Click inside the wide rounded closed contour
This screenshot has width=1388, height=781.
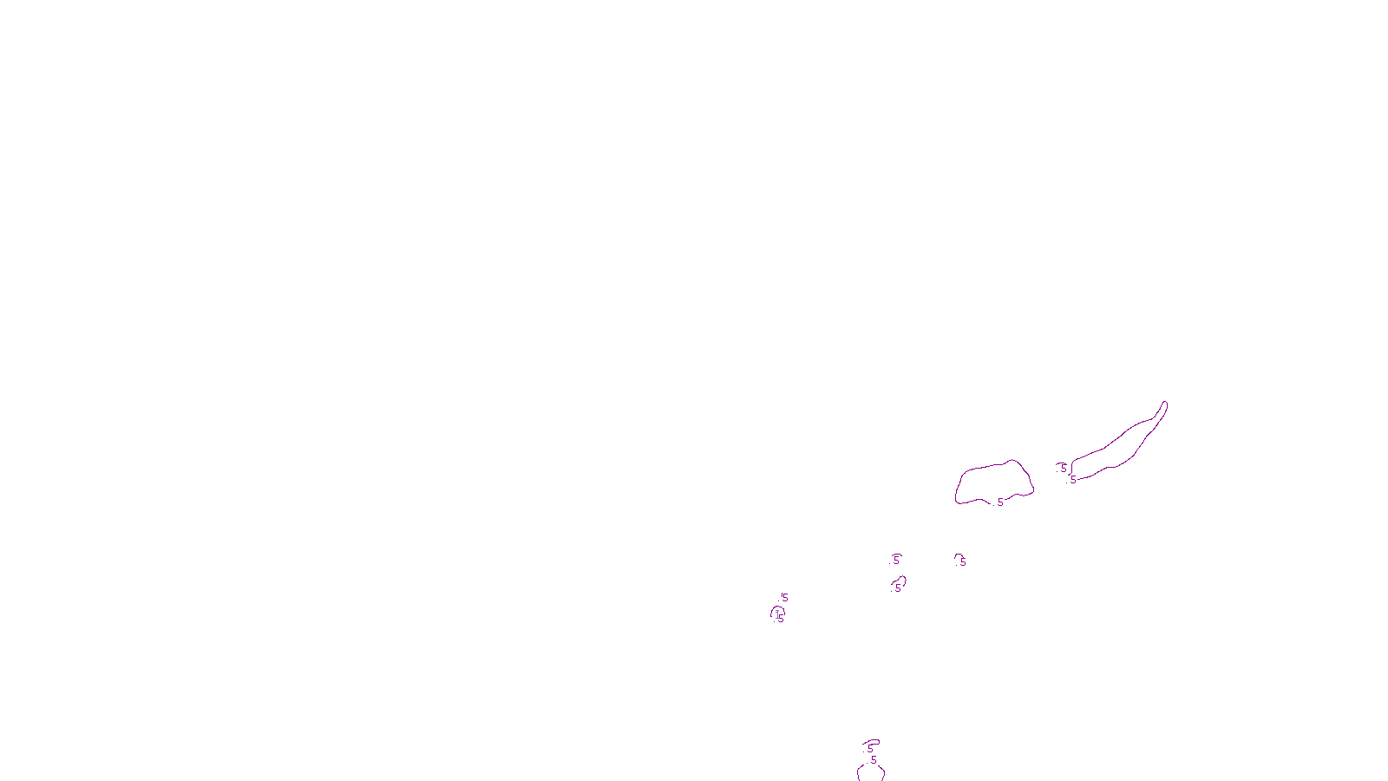click(x=993, y=482)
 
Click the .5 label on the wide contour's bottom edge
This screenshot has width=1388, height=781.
click(x=1000, y=502)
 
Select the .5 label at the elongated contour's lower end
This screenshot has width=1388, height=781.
click(x=1073, y=480)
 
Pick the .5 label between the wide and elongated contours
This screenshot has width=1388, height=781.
click(x=1064, y=468)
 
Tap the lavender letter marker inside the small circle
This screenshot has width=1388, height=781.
click(x=777, y=614)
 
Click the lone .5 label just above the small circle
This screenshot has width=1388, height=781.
click(x=784, y=598)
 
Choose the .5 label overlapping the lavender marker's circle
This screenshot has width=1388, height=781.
click(x=780, y=619)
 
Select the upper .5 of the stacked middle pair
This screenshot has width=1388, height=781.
click(x=896, y=560)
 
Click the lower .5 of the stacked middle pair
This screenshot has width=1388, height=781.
click(x=898, y=587)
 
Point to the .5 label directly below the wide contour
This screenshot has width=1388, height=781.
click(x=962, y=561)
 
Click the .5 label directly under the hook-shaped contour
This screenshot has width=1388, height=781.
click(x=870, y=749)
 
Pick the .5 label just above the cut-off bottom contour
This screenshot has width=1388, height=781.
click(x=874, y=760)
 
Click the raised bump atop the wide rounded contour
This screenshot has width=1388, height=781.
click(x=1014, y=462)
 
